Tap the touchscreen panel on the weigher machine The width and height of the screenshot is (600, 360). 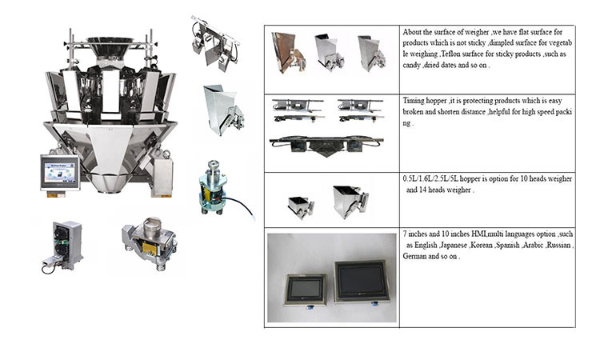click(x=60, y=172)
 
